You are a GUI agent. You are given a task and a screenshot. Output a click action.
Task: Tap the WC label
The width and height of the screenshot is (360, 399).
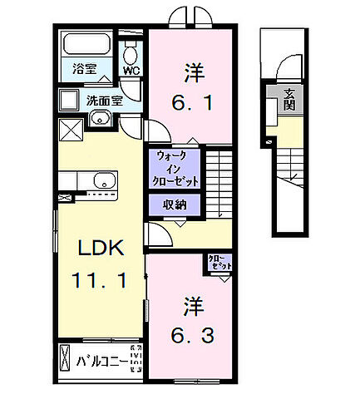(131, 71)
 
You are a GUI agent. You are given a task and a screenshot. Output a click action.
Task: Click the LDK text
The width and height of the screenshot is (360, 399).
(101, 249)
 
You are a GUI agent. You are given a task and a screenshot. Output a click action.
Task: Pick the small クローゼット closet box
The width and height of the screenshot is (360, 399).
(219, 262)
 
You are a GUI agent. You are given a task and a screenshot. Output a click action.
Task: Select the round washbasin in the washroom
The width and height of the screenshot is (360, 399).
(101, 118)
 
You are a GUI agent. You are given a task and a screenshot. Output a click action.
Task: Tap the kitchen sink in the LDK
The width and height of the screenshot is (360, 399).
(104, 180)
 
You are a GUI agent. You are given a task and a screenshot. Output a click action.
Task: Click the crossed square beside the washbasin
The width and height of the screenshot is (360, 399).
(70, 130)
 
